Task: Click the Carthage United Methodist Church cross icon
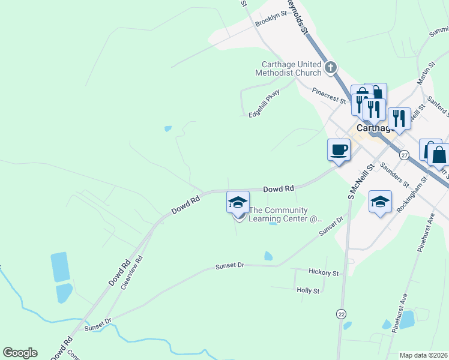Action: click(x=331, y=68)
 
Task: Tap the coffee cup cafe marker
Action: click(x=339, y=149)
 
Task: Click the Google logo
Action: click(x=20, y=353)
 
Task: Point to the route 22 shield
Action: click(x=342, y=314)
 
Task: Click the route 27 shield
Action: click(x=405, y=155)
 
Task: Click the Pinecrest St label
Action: click(x=330, y=95)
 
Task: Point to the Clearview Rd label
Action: click(x=131, y=273)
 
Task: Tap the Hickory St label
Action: click(x=324, y=272)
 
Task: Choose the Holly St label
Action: click(x=309, y=290)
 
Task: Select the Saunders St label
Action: click(x=394, y=176)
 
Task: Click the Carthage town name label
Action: click(x=376, y=128)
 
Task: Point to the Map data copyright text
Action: click(x=423, y=355)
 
